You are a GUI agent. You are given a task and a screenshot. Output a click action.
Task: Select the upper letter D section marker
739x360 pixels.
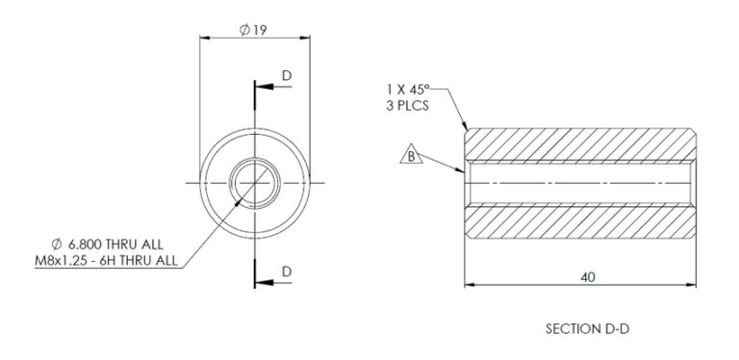[x=287, y=75]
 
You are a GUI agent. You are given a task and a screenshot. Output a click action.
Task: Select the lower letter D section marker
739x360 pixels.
[x=287, y=273]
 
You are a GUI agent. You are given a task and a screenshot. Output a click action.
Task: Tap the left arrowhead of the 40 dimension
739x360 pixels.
[x=470, y=285]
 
